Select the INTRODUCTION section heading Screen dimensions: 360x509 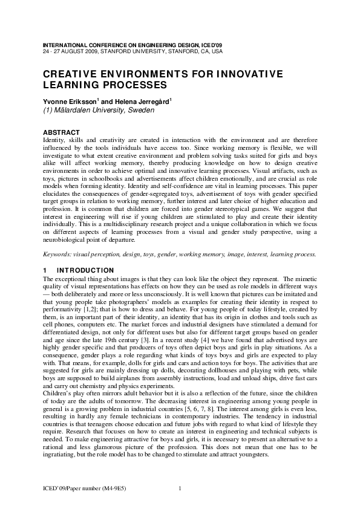(x=85, y=270)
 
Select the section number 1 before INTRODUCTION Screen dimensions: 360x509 (x=45, y=270)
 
